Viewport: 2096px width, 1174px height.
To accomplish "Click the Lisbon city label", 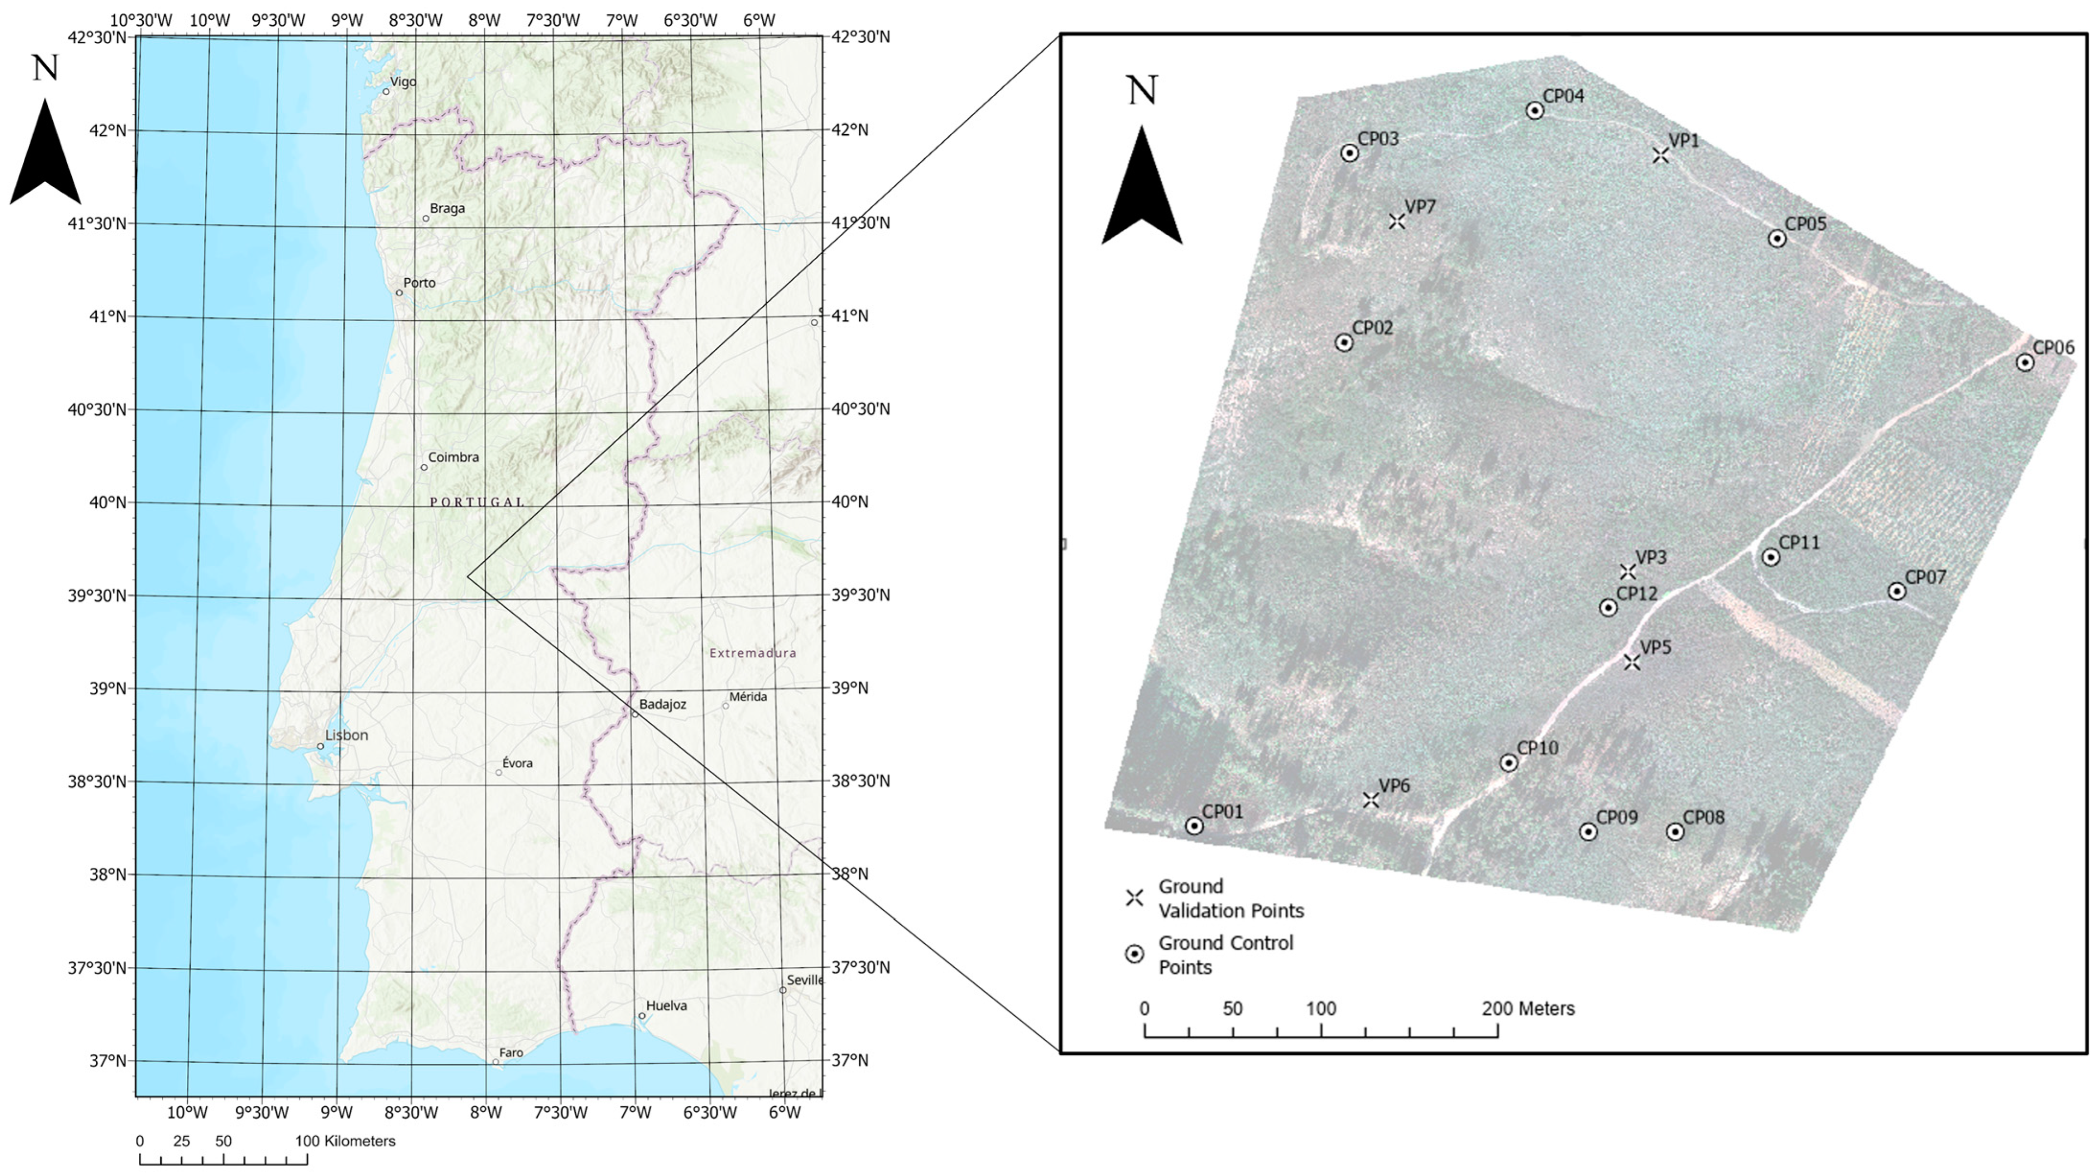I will (347, 735).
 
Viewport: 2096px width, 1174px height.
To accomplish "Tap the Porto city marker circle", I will (399, 293).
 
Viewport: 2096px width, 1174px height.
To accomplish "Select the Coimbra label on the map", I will (453, 458).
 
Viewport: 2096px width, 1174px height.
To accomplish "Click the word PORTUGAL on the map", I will (478, 502).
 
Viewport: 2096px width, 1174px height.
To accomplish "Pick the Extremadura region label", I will (753, 653).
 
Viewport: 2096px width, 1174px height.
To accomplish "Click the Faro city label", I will (511, 1053).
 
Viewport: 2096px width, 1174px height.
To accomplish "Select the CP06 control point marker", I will (2025, 362).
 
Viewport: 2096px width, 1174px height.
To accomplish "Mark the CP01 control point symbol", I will (1194, 826).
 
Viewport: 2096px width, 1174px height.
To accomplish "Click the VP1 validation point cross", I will (1661, 154).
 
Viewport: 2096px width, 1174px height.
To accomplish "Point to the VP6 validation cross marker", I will (1371, 800).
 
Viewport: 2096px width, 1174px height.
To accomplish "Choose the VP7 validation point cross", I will (1397, 221).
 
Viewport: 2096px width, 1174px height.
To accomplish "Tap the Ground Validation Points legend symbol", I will (1135, 898).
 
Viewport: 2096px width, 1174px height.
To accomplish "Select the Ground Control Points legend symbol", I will (1135, 954).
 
